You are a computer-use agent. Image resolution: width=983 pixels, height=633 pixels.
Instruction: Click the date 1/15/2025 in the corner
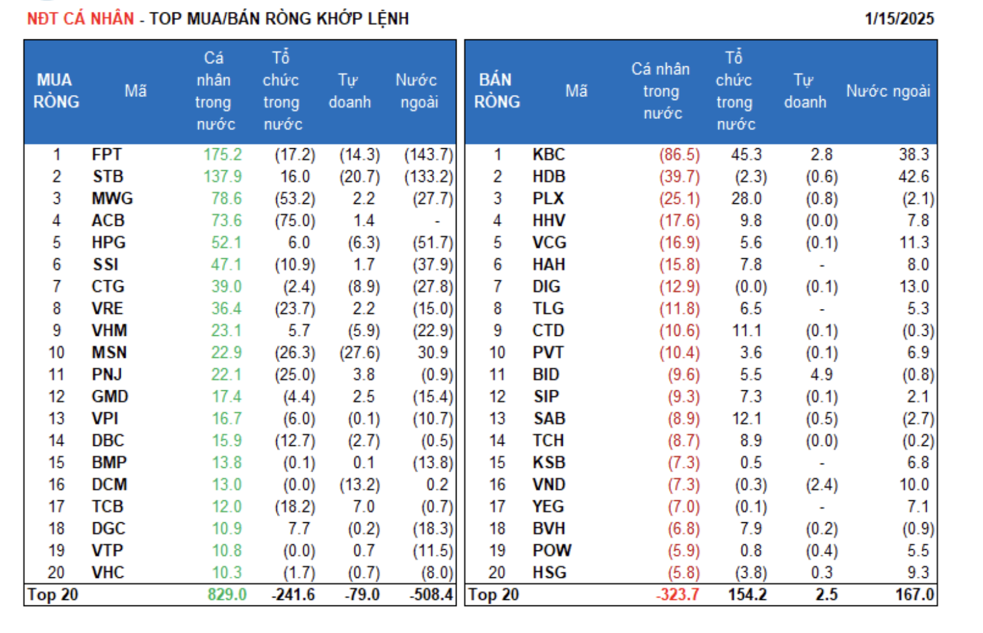pyautogui.click(x=899, y=19)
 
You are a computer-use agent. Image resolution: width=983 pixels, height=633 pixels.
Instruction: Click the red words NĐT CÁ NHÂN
pyautogui.click(x=80, y=19)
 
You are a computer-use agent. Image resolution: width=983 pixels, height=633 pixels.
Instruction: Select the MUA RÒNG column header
pyautogui.click(x=56, y=91)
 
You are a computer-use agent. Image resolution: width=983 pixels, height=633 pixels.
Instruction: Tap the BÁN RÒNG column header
pyautogui.click(x=497, y=91)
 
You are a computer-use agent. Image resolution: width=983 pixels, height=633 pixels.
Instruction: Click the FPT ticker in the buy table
pyautogui.click(x=107, y=154)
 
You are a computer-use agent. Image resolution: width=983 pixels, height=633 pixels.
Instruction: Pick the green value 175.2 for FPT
pyautogui.click(x=223, y=154)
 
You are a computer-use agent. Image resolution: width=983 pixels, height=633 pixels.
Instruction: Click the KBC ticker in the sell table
pyautogui.click(x=548, y=154)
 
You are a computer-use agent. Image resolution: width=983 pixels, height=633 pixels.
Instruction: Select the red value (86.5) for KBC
pyautogui.click(x=679, y=154)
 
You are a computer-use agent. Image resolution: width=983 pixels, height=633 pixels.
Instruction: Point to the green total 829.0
pyautogui.click(x=227, y=594)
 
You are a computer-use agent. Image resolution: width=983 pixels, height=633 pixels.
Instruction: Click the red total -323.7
pyautogui.click(x=677, y=594)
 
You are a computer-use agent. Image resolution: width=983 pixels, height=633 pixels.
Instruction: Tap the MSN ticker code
pyautogui.click(x=109, y=353)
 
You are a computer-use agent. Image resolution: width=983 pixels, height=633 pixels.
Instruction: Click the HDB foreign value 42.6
pyautogui.click(x=914, y=177)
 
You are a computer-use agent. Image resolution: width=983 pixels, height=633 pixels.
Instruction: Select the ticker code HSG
pyautogui.click(x=549, y=572)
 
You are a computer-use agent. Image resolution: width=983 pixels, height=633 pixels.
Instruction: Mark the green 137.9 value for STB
pyautogui.click(x=223, y=177)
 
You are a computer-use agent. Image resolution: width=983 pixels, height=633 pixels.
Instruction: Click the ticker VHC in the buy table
pyautogui.click(x=108, y=572)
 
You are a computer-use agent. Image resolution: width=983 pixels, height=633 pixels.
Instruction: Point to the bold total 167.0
pyautogui.click(x=914, y=594)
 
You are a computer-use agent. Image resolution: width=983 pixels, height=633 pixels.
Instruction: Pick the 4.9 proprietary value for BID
pyautogui.click(x=821, y=375)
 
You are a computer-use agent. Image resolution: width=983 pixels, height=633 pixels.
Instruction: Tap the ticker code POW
pyautogui.click(x=552, y=550)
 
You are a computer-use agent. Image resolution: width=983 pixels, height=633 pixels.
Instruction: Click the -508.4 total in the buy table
pyautogui.click(x=431, y=594)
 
